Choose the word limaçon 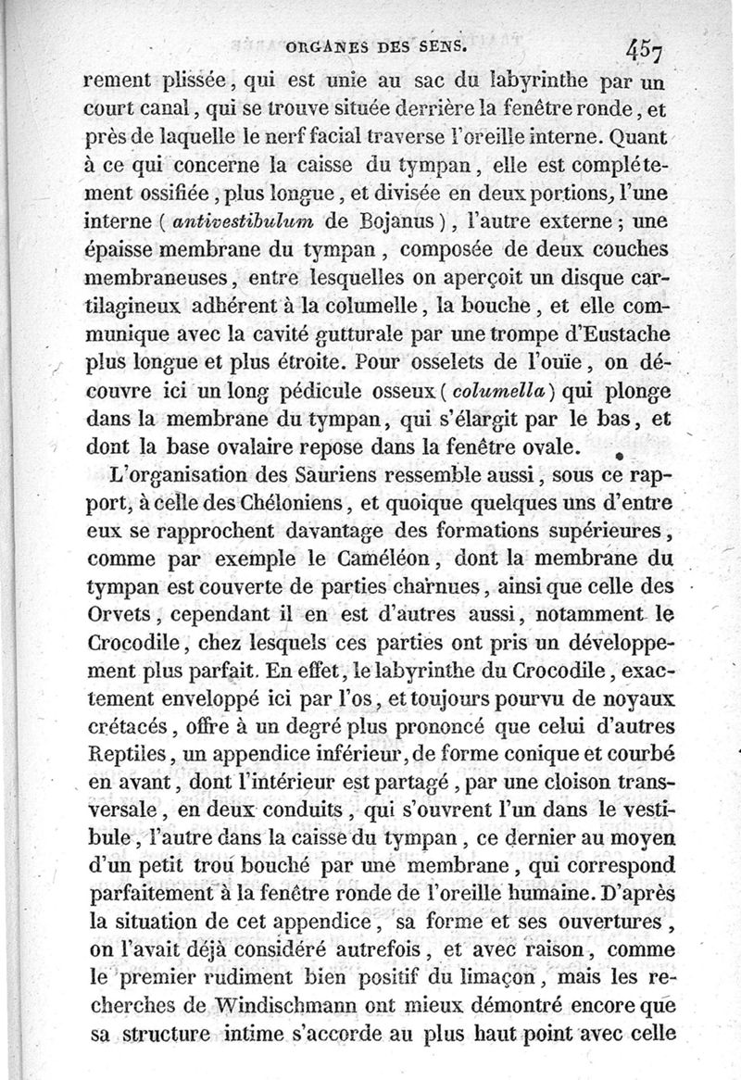pos(501,976)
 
